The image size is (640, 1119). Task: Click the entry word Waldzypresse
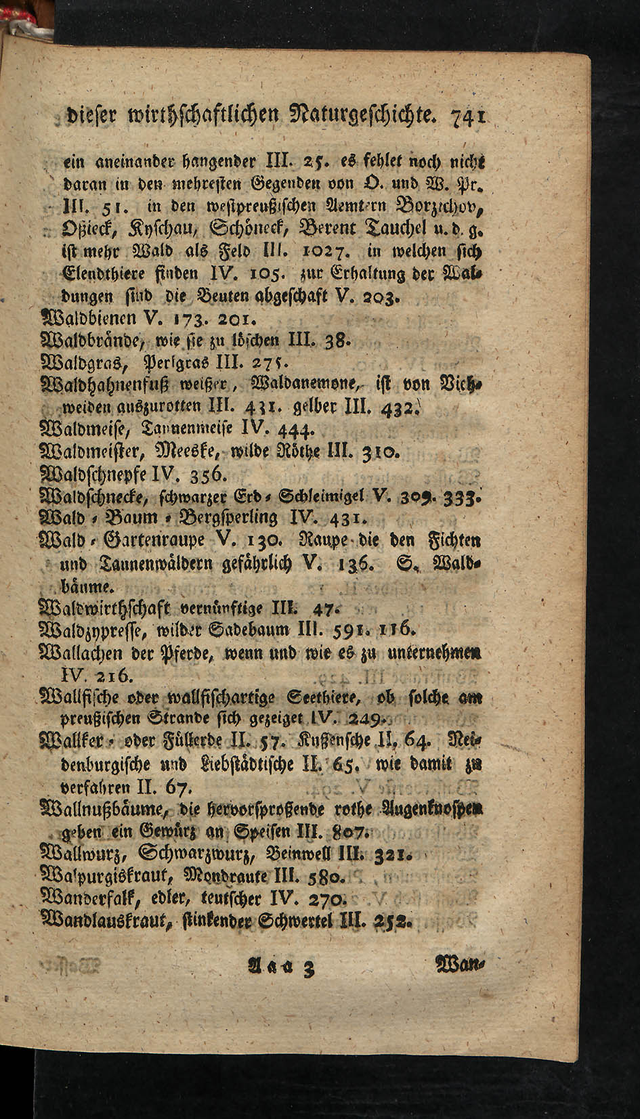(x=93, y=633)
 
